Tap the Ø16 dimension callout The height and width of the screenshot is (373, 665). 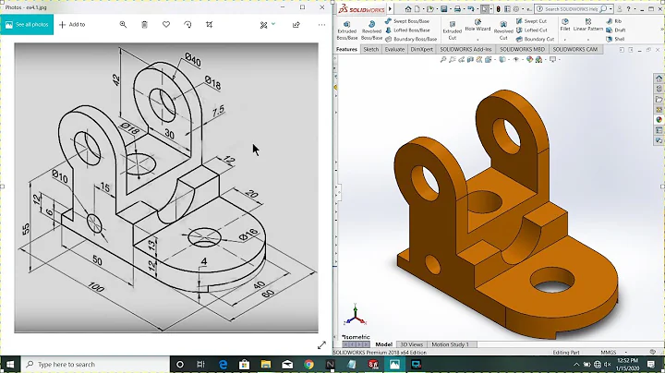click(x=248, y=234)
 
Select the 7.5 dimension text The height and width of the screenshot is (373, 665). click(x=217, y=112)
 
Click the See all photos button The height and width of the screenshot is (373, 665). click(x=28, y=25)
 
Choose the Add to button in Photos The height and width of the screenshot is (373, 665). click(x=73, y=25)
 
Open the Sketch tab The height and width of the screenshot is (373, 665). click(x=370, y=49)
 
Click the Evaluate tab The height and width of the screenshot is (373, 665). click(x=394, y=49)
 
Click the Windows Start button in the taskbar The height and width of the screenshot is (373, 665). click(x=10, y=365)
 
